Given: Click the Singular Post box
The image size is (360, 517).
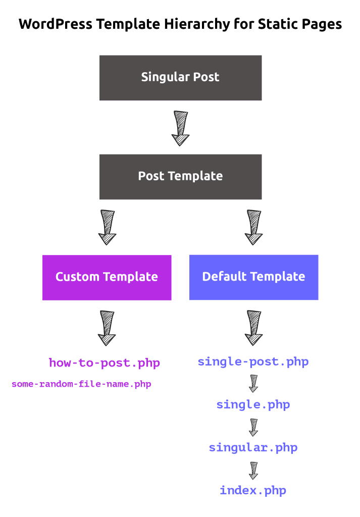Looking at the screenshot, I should [x=180, y=78].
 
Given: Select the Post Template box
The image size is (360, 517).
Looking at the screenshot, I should [x=180, y=176].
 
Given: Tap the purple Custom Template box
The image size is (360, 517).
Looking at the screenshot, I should [x=107, y=277].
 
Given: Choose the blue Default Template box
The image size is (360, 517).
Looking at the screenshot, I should [x=253, y=277].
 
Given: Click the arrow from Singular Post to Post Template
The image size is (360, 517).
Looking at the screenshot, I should [x=180, y=128].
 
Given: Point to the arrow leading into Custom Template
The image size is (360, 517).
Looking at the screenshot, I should [x=107, y=227].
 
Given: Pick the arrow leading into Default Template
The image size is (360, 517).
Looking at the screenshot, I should [x=253, y=227].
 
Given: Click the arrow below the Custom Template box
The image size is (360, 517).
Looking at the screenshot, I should [x=107, y=328].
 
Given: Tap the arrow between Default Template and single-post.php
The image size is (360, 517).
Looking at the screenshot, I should [x=253, y=328].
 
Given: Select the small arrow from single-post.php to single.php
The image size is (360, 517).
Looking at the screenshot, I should [x=253, y=383].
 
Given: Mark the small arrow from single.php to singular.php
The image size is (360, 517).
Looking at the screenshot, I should [x=253, y=427].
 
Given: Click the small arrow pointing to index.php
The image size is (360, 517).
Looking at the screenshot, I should [x=253, y=470].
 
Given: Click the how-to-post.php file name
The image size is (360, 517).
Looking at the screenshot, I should [x=105, y=363].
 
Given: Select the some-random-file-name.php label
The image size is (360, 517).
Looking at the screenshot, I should [x=81, y=384].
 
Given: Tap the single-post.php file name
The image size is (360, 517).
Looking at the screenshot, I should [x=253, y=361].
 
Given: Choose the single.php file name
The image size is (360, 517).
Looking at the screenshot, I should [x=253, y=404].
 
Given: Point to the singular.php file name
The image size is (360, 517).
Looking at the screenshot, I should [x=253, y=447].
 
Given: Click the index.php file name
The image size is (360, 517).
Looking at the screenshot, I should [x=253, y=490].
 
